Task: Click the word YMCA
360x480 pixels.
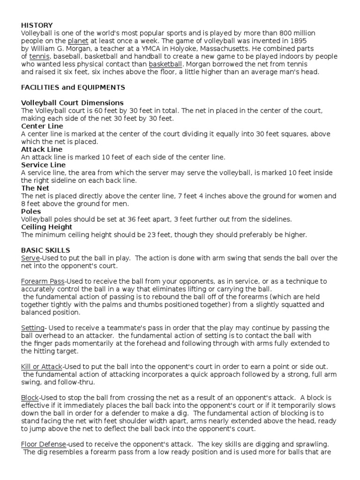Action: [155, 49]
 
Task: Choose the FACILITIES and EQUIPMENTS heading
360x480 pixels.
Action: [73, 87]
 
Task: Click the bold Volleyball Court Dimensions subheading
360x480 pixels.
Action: [72, 103]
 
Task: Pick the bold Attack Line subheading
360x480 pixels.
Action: [41, 149]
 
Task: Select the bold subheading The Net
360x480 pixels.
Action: [35, 188]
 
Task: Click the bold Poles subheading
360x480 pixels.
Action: [31, 211]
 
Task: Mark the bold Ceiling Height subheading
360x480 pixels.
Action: [46, 227]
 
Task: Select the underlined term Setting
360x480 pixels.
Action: [33, 328]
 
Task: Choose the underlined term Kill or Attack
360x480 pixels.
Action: [42, 366]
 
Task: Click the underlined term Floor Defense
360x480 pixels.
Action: [44, 444]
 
